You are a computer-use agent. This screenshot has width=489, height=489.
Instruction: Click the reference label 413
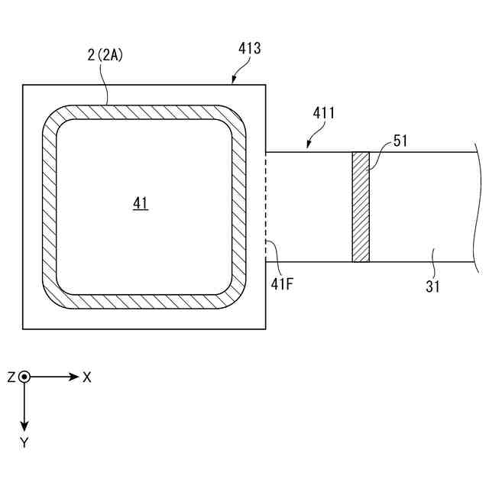click(249, 49)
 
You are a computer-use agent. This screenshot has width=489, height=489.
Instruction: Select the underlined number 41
click(141, 202)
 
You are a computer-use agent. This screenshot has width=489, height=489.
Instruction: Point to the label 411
click(325, 114)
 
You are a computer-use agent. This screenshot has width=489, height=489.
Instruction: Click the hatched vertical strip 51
click(361, 207)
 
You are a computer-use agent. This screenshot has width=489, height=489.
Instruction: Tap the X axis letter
click(87, 377)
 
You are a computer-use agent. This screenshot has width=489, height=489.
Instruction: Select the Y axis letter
click(24, 442)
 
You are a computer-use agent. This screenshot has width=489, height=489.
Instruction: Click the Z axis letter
click(11, 377)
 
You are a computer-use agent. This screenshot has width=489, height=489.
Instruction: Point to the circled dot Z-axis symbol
click(24, 377)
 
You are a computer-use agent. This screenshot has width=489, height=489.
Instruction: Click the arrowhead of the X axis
click(74, 377)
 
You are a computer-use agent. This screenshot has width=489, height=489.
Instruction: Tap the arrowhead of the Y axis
click(24, 426)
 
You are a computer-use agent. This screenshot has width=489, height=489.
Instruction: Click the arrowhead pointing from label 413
click(233, 79)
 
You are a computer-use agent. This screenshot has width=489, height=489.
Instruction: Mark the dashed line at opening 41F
click(266, 207)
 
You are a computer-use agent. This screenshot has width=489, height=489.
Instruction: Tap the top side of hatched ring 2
click(144, 112)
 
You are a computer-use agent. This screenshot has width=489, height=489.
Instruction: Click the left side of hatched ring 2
click(49, 207)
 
